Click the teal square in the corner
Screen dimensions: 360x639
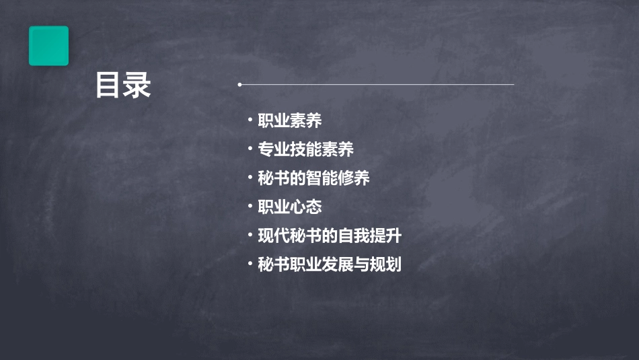(48, 46)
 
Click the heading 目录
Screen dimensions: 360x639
(123, 85)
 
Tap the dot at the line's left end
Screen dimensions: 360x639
(239, 85)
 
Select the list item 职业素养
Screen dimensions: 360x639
(290, 120)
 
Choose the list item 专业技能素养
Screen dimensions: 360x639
(306, 149)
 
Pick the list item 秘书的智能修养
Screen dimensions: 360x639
(313, 178)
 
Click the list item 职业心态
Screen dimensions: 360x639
(290, 207)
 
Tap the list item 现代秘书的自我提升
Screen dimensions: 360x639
(330, 236)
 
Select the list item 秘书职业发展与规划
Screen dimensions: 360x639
(330, 264)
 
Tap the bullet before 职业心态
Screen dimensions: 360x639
(250, 206)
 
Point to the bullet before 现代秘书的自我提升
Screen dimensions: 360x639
(250, 235)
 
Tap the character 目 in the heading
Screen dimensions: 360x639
(108, 85)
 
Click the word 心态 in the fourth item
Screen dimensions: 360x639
(306, 207)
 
